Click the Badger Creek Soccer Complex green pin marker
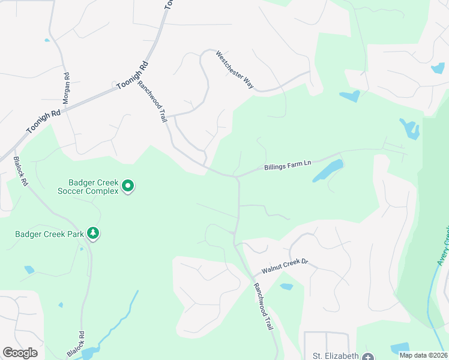(x=127, y=186)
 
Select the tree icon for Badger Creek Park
(x=92, y=232)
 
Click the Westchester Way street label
(x=235, y=70)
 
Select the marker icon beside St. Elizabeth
(x=368, y=356)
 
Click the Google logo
(x=20, y=353)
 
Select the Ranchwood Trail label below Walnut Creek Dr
(x=264, y=307)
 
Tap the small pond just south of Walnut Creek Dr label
(x=286, y=287)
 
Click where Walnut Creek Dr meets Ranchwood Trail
(x=252, y=277)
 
